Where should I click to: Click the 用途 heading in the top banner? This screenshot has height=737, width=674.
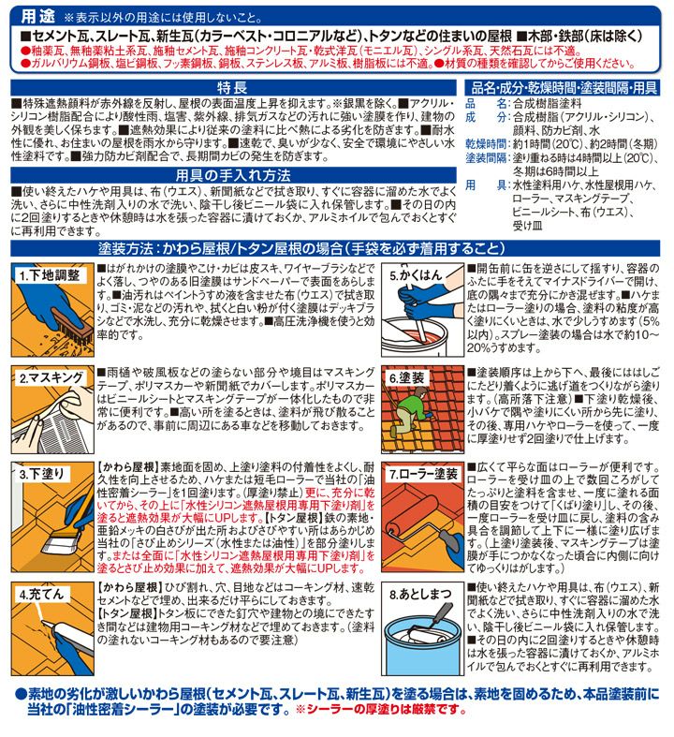click(37, 17)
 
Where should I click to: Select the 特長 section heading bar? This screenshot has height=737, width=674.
click(233, 87)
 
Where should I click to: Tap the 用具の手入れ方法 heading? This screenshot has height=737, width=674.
click(233, 175)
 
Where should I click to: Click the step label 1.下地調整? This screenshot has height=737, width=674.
click(50, 275)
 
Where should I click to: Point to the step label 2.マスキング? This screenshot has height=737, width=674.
click(51, 377)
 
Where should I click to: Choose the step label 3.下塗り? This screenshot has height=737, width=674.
click(42, 474)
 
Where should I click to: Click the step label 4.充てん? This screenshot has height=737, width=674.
click(41, 594)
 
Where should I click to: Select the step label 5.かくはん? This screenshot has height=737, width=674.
click(417, 275)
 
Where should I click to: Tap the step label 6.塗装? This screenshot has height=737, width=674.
click(407, 377)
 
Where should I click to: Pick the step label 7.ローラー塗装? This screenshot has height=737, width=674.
click(424, 474)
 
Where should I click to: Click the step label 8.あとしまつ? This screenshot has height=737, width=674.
click(420, 594)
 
